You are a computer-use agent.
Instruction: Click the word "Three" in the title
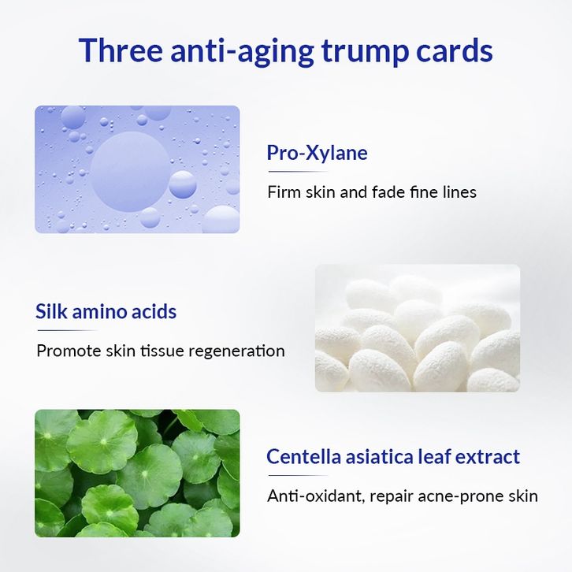[121, 50]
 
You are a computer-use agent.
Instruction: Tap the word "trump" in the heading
[365, 52]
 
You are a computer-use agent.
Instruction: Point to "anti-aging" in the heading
[242, 51]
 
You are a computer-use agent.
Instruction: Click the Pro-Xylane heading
[317, 153]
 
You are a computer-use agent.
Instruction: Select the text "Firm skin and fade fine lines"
[372, 192]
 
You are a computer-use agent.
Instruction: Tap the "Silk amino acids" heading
[106, 311]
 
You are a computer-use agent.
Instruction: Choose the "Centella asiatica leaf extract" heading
[393, 456]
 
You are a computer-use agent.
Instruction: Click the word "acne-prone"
[460, 497]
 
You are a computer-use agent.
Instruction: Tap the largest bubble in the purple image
[130, 172]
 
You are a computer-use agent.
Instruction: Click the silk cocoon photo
[418, 328]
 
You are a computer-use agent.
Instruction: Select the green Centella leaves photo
[137, 474]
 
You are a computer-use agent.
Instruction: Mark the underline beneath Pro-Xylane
[298, 172]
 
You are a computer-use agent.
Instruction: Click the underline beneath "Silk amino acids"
[67, 330]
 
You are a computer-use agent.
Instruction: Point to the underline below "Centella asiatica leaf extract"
[298, 475]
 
